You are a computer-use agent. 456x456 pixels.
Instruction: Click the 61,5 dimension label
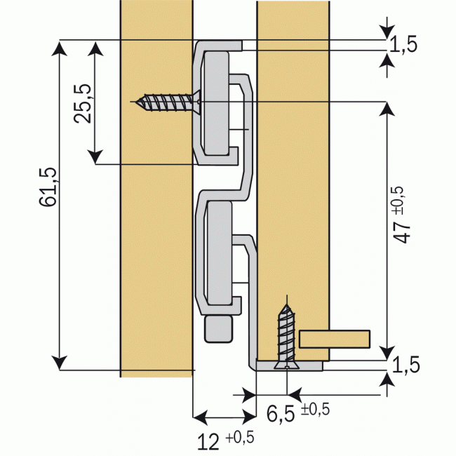tap(48, 187)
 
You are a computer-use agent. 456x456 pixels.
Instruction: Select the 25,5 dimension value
tap(83, 104)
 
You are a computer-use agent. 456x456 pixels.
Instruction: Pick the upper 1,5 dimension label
tap(403, 45)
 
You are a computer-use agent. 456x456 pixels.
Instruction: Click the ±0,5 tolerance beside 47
tap(398, 200)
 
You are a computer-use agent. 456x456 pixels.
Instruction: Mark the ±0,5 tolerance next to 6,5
tap(315, 410)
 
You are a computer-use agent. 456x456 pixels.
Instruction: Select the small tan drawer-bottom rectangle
tap(335, 338)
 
